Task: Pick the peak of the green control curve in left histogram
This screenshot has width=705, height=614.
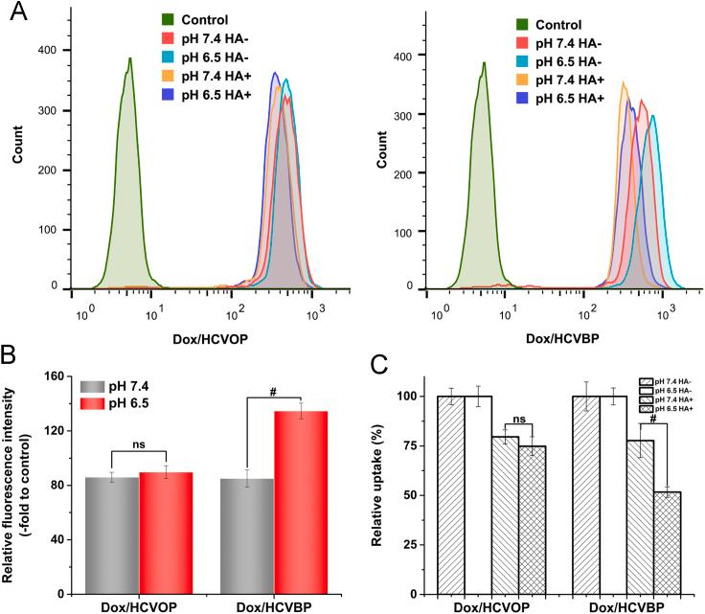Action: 129,59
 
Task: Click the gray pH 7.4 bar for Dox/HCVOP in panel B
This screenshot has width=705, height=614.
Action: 111,533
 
